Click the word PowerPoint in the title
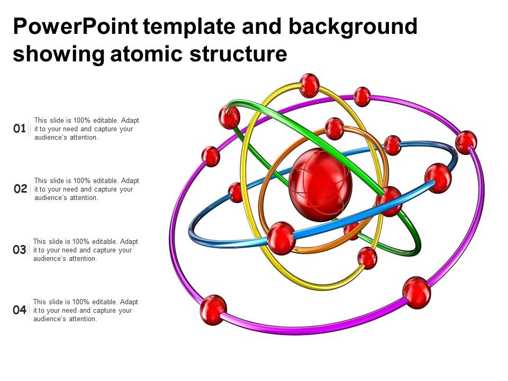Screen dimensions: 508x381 click(x=76, y=26)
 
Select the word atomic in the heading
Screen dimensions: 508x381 click(x=147, y=53)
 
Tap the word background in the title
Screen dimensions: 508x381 click(x=353, y=27)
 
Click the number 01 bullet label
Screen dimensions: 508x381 click(x=20, y=129)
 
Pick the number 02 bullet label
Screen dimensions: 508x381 click(x=21, y=188)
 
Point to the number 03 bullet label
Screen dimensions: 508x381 click(x=20, y=249)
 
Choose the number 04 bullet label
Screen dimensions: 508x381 click(x=20, y=310)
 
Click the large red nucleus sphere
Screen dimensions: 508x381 click(x=320, y=185)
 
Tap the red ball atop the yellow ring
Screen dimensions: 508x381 click(x=309, y=86)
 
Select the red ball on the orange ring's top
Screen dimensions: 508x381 click(x=334, y=129)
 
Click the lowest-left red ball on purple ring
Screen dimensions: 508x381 click(x=213, y=310)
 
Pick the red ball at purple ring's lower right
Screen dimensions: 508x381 click(x=416, y=293)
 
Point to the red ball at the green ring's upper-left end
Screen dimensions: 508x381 click(x=229, y=117)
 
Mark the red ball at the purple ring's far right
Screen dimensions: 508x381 click(x=466, y=142)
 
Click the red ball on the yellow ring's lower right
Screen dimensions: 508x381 click(x=367, y=258)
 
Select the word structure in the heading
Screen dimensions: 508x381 click(x=239, y=53)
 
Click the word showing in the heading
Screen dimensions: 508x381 click(x=59, y=54)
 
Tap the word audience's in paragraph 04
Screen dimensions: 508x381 click(x=48, y=319)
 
